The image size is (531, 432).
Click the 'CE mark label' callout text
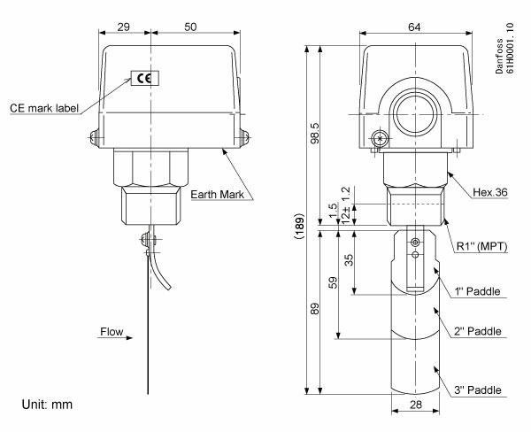pos(44,108)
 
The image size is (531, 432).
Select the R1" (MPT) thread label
pos(484,247)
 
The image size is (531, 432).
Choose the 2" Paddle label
pos(478,331)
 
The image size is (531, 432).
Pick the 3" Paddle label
pos(478,390)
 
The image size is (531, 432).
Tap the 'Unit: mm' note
pos(46,405)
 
